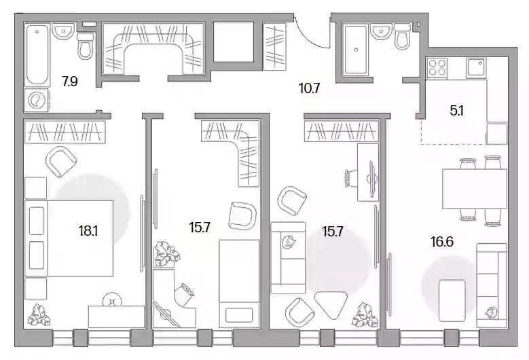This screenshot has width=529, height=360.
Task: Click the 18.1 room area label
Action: coord(88,231)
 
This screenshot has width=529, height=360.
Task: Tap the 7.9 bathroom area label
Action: coord(69,82)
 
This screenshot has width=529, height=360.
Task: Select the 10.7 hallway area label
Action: coord(309,88)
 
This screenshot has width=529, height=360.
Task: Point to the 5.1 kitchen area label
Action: coord(457,111)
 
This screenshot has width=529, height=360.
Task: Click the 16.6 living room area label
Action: coord(442,242)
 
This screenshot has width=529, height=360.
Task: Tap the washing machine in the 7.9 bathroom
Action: coord(37,100)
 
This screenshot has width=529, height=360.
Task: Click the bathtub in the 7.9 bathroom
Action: coord(37,55)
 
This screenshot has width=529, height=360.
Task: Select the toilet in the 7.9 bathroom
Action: coord(86,45)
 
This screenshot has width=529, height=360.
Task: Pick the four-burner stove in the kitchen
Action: coord(437,67)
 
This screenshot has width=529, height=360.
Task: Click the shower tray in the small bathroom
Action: coord(356,50)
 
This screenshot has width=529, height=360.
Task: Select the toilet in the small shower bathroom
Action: coord(403,37)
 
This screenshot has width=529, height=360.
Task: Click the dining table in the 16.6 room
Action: coord(475,189)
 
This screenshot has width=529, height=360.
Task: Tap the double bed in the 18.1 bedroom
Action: coord(69,238)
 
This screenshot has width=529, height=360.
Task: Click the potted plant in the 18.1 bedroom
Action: coord(39,314)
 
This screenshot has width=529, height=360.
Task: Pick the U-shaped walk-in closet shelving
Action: coord(153,49)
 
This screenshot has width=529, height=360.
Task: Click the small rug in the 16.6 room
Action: coord(452,300)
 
